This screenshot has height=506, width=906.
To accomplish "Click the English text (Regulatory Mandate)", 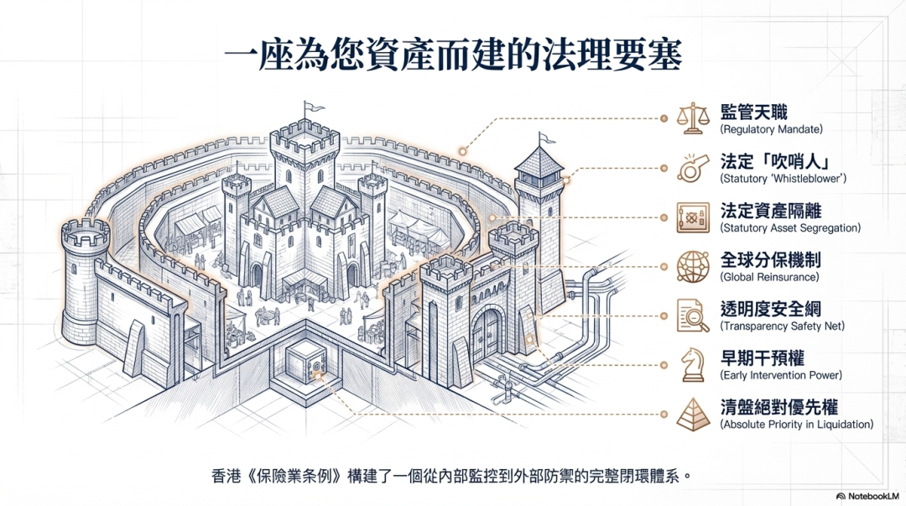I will point(771,130).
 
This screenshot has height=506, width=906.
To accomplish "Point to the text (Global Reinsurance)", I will point(769,277).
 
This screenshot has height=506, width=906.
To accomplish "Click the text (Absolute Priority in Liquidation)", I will point(796,425).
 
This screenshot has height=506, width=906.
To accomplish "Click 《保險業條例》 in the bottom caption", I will point(288,476).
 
